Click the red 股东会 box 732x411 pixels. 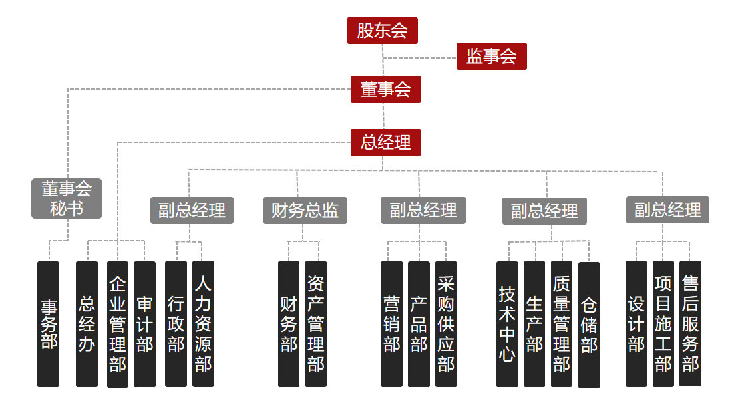tap(383, 31)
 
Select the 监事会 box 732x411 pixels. tap(492, 56)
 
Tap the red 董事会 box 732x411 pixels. tap(385, 89)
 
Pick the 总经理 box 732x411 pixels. tap(385, 142)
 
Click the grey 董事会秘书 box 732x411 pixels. tap(67, 198)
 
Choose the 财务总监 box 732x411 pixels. tap(305, 210)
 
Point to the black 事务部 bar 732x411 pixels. tap(48, 325)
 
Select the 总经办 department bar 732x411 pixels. tap(87, 325)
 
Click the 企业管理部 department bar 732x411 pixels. tap(118, 325)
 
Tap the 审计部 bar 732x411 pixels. tap(144, 325)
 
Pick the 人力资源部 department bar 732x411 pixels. tap(203, 324)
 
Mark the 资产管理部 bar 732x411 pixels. tap(316, 325)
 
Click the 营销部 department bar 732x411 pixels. tap(392, 325)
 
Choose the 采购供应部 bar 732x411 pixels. tap(446, 325)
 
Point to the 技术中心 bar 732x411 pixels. tap(508, 325)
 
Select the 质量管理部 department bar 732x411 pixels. tap(562, 325)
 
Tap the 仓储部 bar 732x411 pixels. tap(589, 325)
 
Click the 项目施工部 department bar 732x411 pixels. tap(663, 324)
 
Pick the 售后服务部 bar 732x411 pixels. tap(691, 324)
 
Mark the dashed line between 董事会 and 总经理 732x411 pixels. tap(384, 116)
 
